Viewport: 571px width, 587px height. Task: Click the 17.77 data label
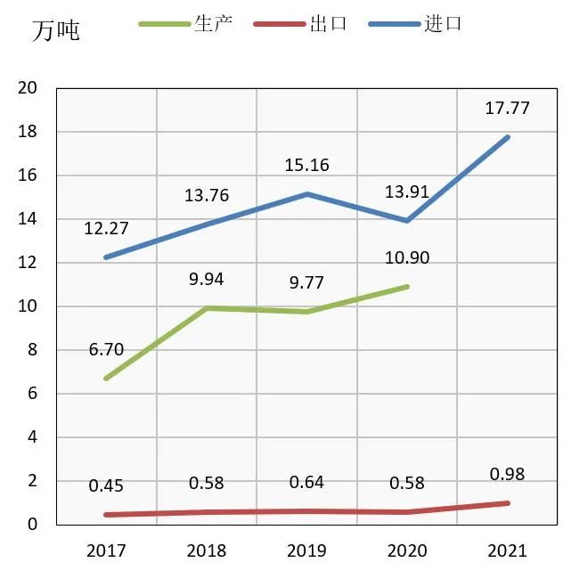[x=507, y=108]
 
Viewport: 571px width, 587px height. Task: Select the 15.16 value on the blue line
[x=306, y=164]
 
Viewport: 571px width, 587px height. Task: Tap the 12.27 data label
[x=106, y=228]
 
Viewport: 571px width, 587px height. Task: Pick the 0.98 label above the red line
[x=507, y=474]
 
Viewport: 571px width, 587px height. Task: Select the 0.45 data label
[x=106, y=485]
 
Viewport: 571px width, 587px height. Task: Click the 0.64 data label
[x=306, y=483]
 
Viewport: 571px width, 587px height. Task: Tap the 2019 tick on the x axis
[x=306, y=550]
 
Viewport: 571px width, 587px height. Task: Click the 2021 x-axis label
[x=507, y=550]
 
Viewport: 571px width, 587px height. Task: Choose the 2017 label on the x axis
[x=106, y=550]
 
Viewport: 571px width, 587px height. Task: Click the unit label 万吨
[x=55, y=30]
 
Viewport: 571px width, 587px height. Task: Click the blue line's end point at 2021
[x=507, y=137]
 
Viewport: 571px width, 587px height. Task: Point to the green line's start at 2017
[x=107, y=379]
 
